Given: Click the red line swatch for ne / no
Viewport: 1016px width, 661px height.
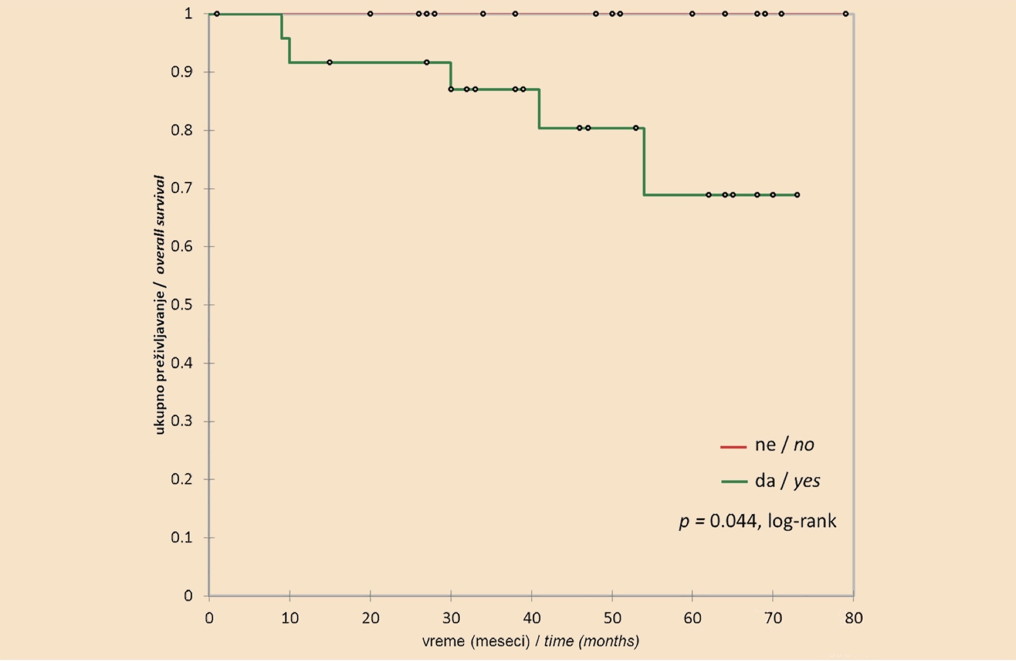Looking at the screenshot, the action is pyautogui.click(x=733, y=447).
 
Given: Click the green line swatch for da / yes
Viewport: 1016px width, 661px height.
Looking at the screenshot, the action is pyautogui.click(x=734, y=481).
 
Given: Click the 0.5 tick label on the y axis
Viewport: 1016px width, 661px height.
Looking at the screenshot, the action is pyautogui.click(x=181, y=305).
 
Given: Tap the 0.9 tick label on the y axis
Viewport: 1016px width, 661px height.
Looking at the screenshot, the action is pyautogui.click(x=181, y=72).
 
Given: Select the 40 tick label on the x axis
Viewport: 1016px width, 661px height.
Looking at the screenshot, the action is pyautogui.click(x=532, y=618).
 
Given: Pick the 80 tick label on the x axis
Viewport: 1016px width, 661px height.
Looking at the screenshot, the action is pyautogui.click(x=854, y=618).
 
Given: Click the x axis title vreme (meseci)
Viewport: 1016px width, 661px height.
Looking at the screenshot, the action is pyautogui.click(x=476, y=641).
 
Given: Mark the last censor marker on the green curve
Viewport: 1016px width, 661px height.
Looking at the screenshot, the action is pyautogui.click(x=797, y=195).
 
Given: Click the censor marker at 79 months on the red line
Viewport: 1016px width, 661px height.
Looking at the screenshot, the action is pyautogui.click(x=846, y=14).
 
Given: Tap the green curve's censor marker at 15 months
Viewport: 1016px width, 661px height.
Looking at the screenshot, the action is pyautogui.click(x=330, y=62).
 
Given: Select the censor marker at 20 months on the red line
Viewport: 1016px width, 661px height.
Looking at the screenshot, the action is pyautogui.click(x=370, y=14).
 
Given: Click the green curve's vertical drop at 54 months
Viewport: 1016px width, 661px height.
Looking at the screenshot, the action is pyautogui.click(x=644, y=161).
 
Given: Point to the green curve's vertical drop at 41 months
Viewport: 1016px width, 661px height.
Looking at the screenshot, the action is pyautogui.click(x=539, y=109).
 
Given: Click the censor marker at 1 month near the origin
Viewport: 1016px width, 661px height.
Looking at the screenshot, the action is pyautogui.click(x=217, y=14).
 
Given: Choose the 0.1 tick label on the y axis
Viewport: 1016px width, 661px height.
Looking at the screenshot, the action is pyautogui.click(x=181, y=538).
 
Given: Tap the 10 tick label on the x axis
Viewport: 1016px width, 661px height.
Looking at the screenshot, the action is pyautogui.click(x=290, y=618).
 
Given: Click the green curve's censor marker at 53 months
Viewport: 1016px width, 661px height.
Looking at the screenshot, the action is pyautogui.click(x=636, y=128).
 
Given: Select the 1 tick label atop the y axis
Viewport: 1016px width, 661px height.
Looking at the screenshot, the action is pyautogui.click(x=188, y=13).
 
